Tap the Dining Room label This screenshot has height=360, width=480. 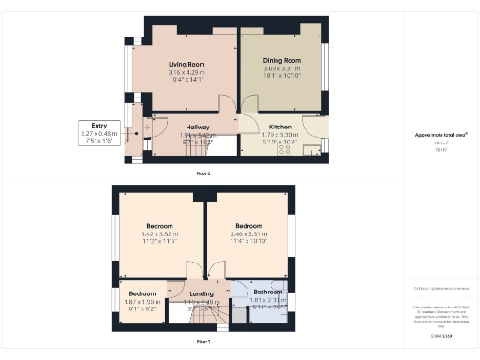coord(281,61)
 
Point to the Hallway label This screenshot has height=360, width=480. coord(197,127)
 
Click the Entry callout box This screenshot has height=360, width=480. coord(98,133)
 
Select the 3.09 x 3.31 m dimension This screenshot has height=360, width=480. coord(281,68)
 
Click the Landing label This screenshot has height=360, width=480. coord(202,293)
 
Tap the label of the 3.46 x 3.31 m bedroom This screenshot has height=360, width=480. coord(248,226)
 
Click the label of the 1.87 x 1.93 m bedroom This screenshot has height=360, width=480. coord(142,293)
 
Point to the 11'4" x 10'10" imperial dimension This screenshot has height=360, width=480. coord(248,242)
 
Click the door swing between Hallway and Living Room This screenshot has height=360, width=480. coord(226,106)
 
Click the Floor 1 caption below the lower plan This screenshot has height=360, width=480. coord(202,343)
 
